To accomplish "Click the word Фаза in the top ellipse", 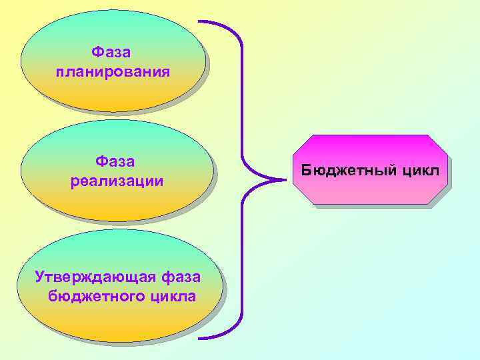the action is point(111,52).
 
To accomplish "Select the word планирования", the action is point(112,71).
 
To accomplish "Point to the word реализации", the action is point(117,181).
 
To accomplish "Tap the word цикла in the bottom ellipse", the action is point(173,295).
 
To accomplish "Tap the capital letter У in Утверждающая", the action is point(40,276).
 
